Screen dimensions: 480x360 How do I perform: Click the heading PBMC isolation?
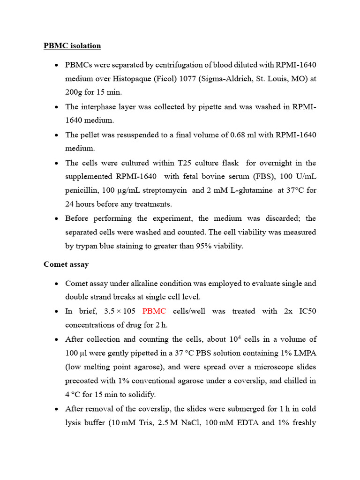tap(72, 46)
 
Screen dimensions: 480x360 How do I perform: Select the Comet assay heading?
tap(66, 264)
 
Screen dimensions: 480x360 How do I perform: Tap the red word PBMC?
tap(154, 311)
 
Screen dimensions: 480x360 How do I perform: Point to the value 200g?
tap(75, 92)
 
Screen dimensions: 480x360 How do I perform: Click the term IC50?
tap(307, 311)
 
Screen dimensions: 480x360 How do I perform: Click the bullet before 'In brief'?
tap(56, 312)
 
